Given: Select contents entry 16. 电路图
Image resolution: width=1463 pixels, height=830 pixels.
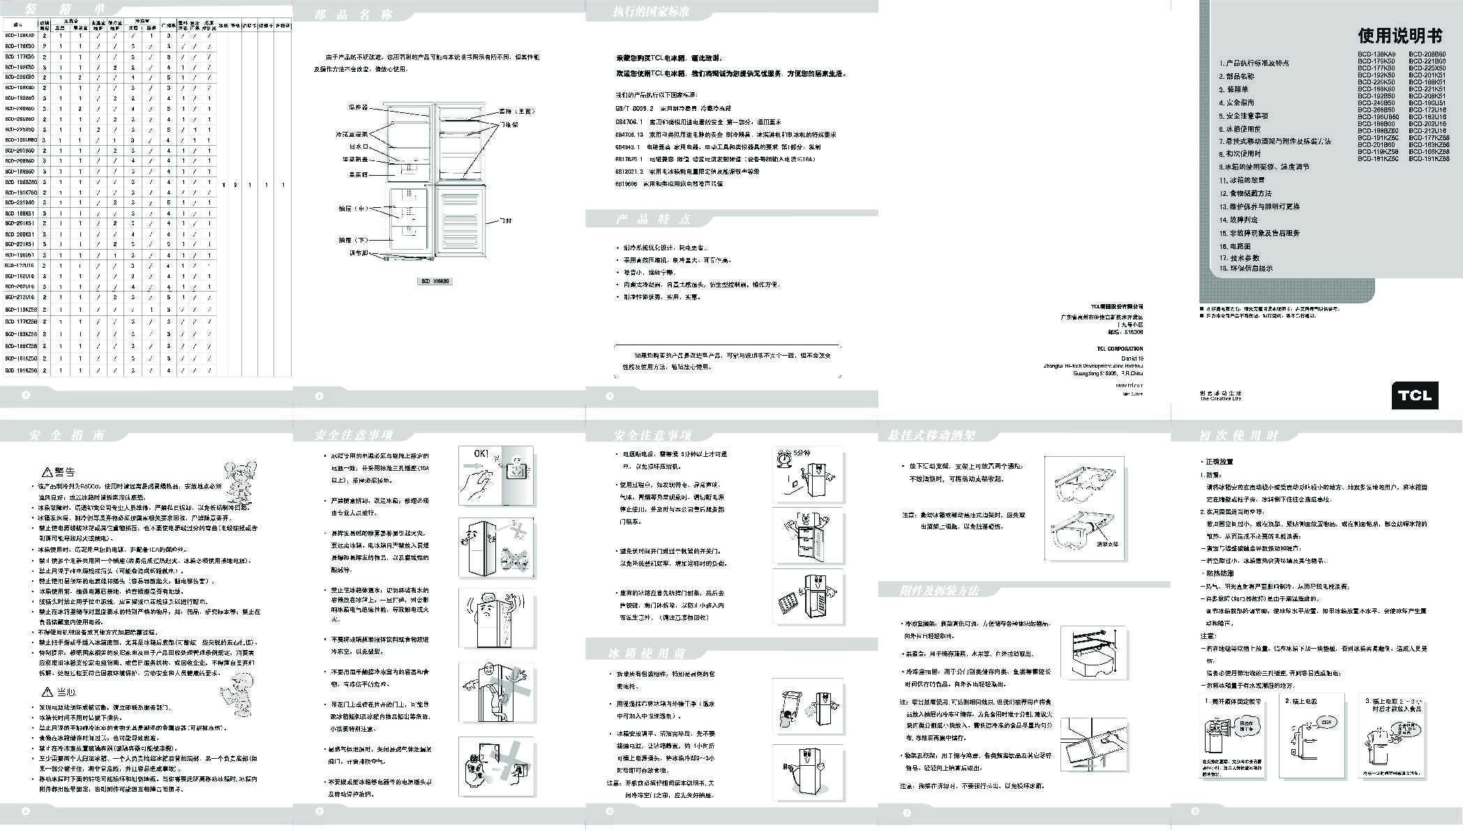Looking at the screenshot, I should point(1235,246).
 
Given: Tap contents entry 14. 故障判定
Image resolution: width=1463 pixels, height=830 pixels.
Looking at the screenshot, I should point(1239,220).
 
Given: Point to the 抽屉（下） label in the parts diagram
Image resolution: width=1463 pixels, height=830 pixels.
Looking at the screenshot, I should point(353,240).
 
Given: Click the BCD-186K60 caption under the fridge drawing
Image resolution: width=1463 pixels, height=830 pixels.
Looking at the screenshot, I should point(435,282).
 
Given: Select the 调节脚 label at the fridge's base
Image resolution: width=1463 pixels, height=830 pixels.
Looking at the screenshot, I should point(359,253).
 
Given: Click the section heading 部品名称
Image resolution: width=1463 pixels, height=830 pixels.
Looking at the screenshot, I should point(354,15).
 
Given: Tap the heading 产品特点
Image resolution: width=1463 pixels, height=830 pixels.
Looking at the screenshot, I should point(652,220).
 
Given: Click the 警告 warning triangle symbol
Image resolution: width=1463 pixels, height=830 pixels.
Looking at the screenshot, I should point(47,472).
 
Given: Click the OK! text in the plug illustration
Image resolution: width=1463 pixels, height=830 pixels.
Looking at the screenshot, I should point(481,454).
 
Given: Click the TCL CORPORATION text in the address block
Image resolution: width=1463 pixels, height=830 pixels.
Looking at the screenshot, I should point(1119,349).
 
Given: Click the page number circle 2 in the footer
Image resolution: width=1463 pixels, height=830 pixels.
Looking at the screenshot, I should point(320,396).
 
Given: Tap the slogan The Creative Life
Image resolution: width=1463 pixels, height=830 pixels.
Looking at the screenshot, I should point(1220,399).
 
